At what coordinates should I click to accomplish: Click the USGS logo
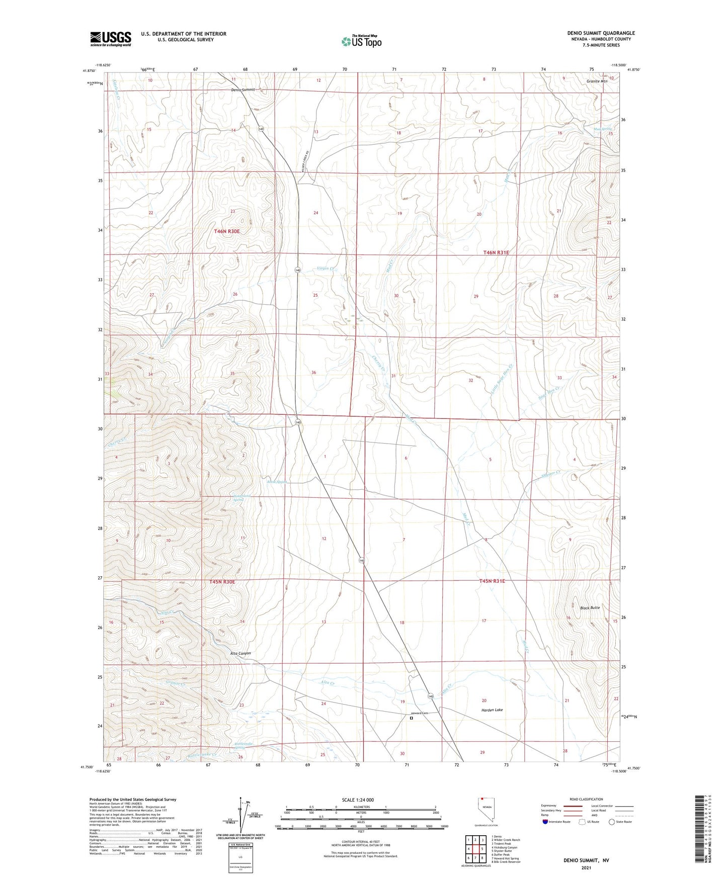tap(110, 39)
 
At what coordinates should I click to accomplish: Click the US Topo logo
tap(361, 41)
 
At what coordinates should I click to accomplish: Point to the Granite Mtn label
tap(597, 81)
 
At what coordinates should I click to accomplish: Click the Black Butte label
tap(590, 607)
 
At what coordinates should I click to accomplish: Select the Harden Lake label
tap(492, 710)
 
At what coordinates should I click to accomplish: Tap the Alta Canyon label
tap(233, 653)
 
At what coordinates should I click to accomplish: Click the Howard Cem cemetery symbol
tap(411, 719)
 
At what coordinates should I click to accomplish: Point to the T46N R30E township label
tap(227, 231)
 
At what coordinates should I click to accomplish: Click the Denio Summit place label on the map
tap(243, 90)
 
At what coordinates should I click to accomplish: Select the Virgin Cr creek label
tap(326, 269)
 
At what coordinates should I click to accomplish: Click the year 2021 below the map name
tap(586, 867)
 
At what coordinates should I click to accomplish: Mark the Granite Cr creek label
tap(176, 684)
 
